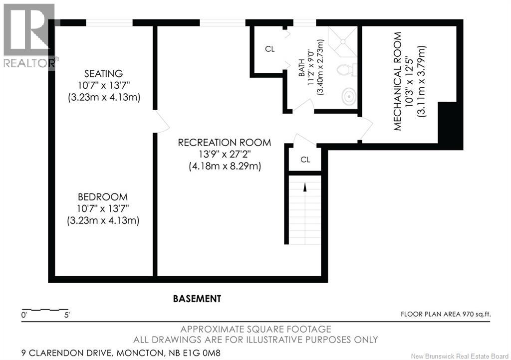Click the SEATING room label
tap(103, 74)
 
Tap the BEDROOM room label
tap(103, 197)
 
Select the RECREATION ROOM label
tap(225, 143)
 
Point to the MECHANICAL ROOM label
tap(398, 81)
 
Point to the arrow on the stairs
tap(304, 188)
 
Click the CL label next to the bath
tap(269, 49)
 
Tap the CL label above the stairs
tap(305, 160)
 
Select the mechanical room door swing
tap(365, 129)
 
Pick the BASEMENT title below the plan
tap(197, 299)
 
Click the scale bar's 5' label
tap(66, 315)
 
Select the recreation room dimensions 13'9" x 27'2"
tap(225, 155)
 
